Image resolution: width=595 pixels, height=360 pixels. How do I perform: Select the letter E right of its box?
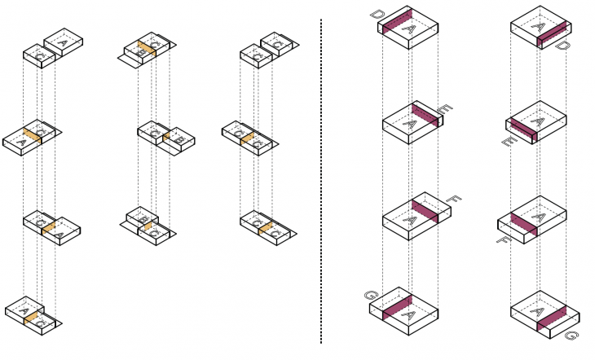(446, 109)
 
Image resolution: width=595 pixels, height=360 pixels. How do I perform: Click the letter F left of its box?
(503, 239)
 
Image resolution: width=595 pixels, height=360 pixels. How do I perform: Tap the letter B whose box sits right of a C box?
(180, 142)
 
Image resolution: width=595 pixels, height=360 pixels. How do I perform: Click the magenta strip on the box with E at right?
(425, 116)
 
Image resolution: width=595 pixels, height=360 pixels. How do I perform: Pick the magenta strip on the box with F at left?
(522, 224)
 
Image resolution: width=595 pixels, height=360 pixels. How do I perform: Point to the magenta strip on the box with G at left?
(394, 307)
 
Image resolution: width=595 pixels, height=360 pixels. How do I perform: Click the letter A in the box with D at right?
(535, 27)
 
